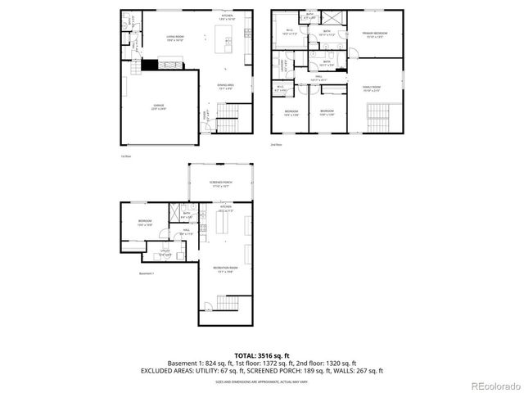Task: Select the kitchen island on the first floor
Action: coord(224,38)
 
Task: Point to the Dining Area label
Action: coord(227,85)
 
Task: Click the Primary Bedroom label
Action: coord(375,34)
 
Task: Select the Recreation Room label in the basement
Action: coord(225,270)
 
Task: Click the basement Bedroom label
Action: coord(144,223)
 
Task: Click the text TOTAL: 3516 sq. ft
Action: coord(261,355)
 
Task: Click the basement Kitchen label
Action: coord(225,209)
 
